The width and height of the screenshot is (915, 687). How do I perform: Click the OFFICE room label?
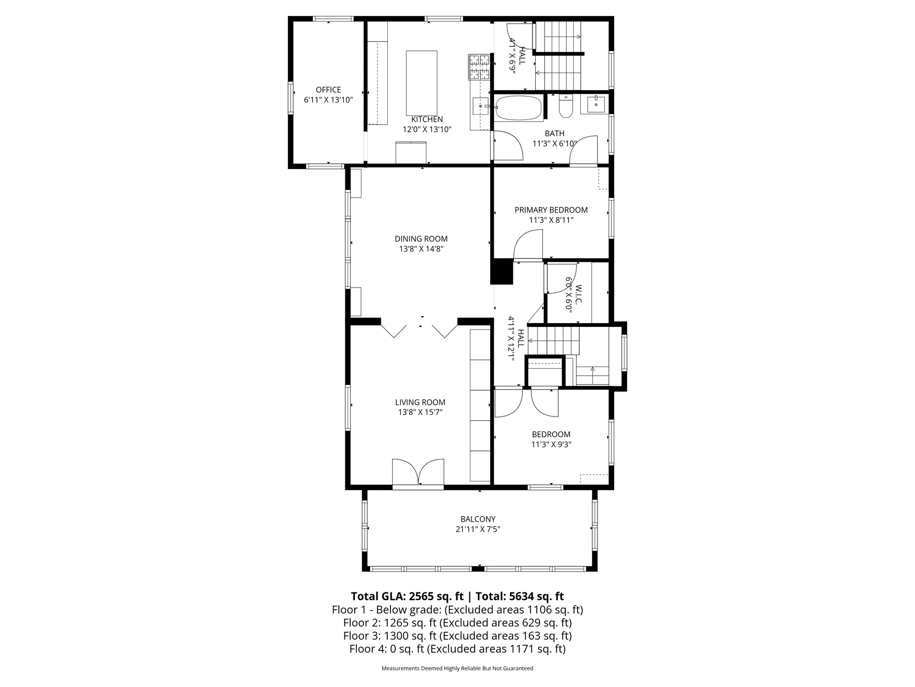coord(328,90)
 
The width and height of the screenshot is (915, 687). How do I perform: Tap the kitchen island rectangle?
coord(422,79)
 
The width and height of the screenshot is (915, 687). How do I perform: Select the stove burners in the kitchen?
coord(479,67)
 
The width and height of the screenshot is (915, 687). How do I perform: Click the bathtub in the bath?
coord(519,108)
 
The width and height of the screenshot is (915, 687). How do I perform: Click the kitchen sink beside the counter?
coord(481,106)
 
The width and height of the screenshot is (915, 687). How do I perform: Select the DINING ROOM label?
coord(421,239)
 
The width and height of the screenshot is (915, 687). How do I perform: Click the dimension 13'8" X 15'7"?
coord(420,412)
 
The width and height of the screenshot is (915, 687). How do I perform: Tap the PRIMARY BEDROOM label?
coord(551,210)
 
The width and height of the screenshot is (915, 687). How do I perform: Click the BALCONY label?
coord(478,519)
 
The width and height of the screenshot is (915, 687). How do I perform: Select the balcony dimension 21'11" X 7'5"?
coord(478,529)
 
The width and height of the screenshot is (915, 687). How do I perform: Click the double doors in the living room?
coord(418,473)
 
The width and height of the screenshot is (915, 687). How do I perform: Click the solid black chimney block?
coord(503,272)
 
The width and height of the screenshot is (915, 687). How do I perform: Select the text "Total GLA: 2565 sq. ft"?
coord(407,596)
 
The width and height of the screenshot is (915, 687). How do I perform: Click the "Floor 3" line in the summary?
coord(458,636)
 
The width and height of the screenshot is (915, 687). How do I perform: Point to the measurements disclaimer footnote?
coord(458,669)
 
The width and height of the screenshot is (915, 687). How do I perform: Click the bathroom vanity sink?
coord(596,104)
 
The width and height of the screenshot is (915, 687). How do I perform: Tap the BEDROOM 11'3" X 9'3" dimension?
coord(551,444)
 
